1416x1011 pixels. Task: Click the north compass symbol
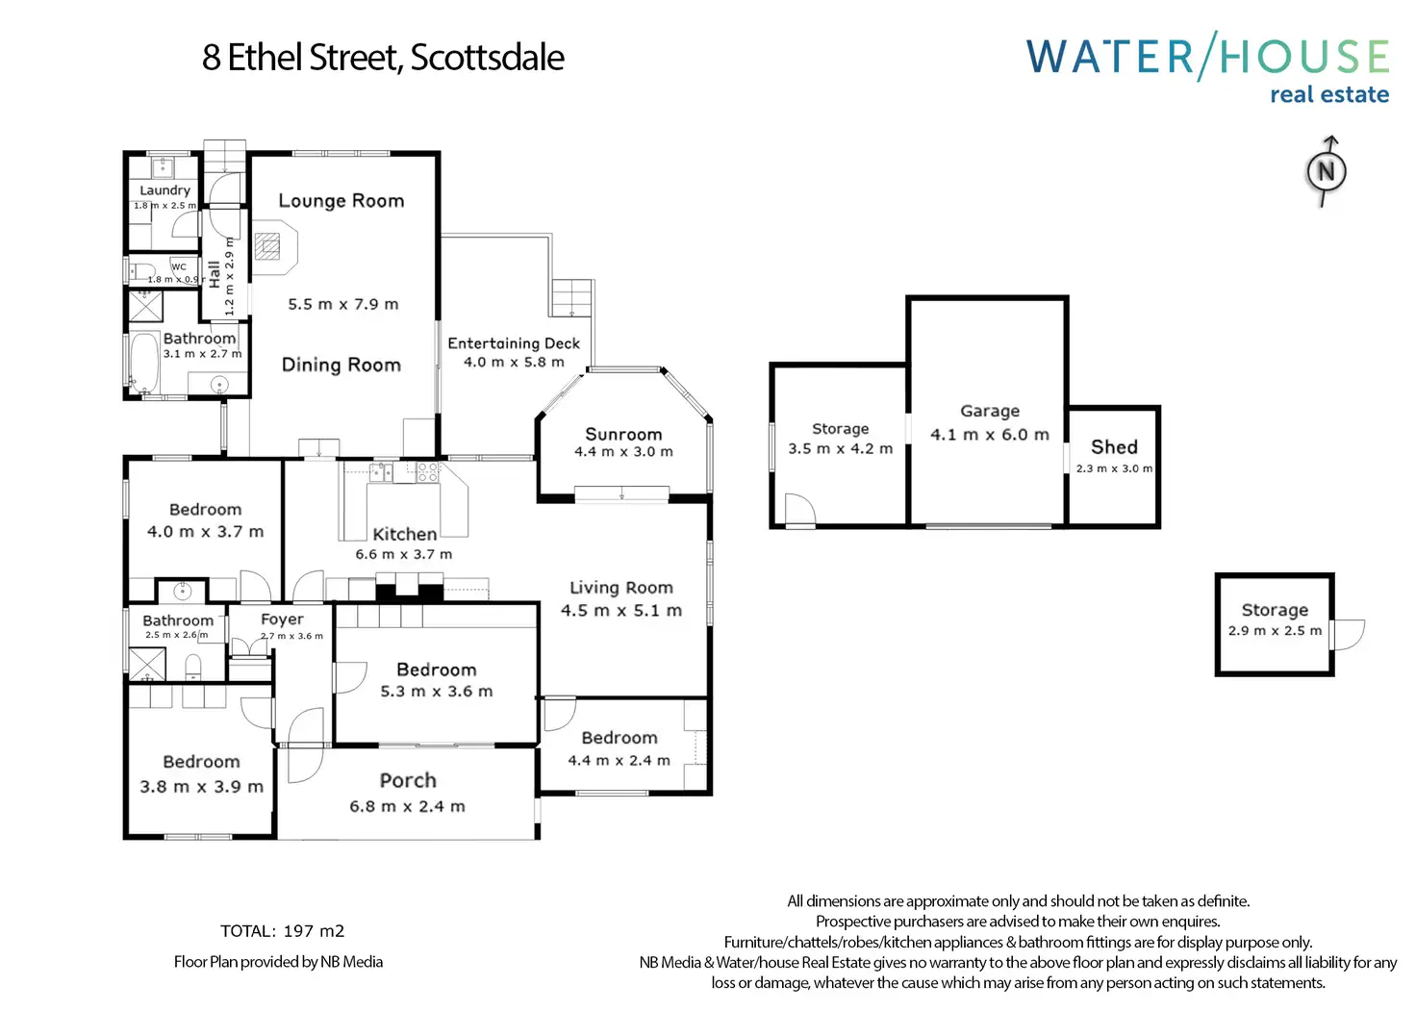(1326, 172)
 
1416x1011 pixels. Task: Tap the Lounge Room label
(341, 201)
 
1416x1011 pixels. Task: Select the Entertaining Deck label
(514, 343)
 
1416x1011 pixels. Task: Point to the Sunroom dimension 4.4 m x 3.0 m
(623, 452)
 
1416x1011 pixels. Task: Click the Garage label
(990, 411)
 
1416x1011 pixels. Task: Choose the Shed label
(1114, 447)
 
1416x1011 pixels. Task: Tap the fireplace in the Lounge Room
(268, 246)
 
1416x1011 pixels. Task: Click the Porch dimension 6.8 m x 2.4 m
(407, 807)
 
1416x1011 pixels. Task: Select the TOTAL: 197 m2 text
(282, 931)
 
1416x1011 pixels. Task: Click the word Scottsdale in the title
(487, 58)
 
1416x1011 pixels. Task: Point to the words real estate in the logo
(1328, 95)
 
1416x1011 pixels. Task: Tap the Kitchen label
(404, 534)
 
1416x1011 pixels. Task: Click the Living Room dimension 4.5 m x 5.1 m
(621, 611)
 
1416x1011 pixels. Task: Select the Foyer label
(282, 619)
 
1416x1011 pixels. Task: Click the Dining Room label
(341, 366)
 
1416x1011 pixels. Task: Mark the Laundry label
(164, 190)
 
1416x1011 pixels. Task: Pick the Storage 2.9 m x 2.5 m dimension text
(1275, 631)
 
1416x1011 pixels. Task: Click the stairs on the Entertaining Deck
(571, 297)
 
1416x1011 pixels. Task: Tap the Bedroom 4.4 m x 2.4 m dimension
(619, 761)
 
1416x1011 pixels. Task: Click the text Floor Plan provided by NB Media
(278, 962)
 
